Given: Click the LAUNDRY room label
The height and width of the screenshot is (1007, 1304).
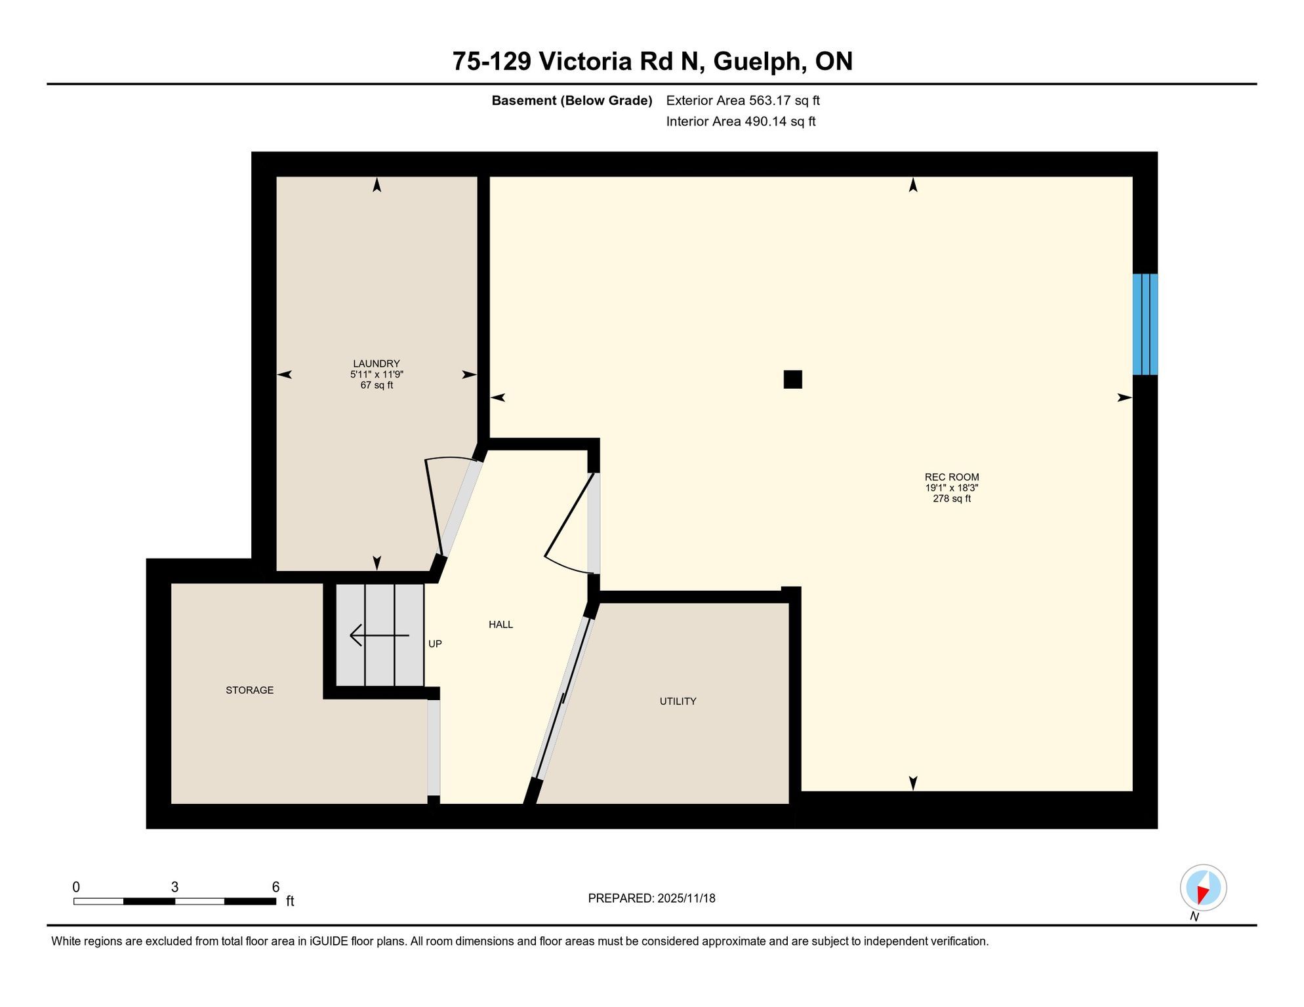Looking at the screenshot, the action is coord(377,364).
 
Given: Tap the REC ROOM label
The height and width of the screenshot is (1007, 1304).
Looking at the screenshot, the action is coord(952,477).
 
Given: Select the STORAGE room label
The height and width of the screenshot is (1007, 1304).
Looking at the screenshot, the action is coord(250,690).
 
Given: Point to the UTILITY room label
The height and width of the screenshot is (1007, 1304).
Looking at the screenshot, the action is coord(678,701).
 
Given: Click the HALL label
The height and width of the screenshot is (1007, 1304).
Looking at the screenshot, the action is coord(501,625).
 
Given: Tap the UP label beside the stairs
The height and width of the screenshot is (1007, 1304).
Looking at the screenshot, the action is coord(435,644).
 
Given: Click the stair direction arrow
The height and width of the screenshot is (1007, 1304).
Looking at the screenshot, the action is coord(380,635).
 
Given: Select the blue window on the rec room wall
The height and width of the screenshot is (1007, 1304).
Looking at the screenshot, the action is coord(1145,325).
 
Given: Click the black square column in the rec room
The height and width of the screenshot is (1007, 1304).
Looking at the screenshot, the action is coord(793,380).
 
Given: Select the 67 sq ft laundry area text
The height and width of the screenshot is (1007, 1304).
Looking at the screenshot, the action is coord(377,385).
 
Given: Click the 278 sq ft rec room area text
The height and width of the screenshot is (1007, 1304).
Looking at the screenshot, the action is coord(952,499).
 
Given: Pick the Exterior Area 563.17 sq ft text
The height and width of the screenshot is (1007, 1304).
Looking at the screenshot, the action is coord(743,101).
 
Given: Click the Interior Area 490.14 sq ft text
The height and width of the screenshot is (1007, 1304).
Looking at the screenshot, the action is coord(741,122).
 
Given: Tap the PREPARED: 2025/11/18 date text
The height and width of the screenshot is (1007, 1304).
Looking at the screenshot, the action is coord(652,899).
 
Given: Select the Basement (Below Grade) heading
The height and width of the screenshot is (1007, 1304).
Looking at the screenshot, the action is coord(572,101).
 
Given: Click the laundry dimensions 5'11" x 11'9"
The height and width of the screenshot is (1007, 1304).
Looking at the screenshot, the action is coord(377,375).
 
